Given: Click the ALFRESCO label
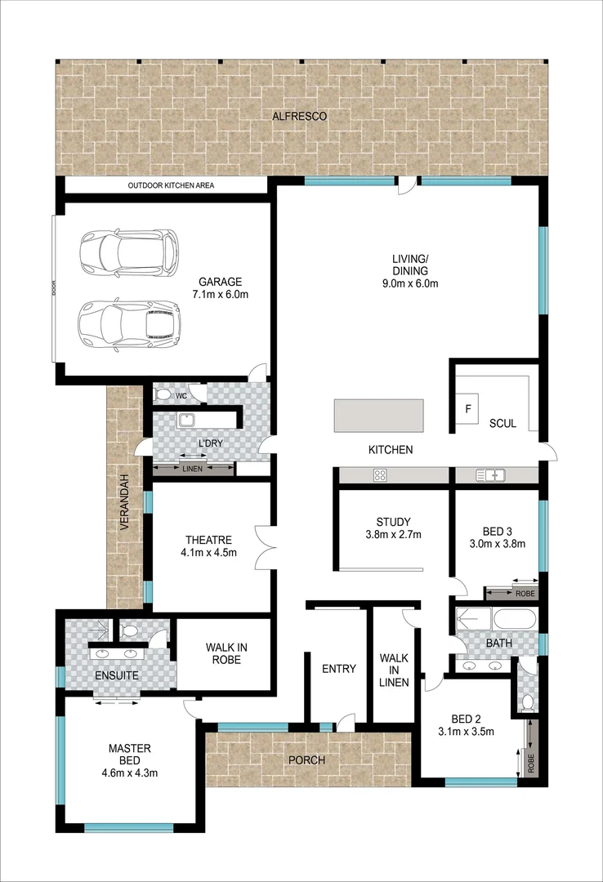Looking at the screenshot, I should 300,117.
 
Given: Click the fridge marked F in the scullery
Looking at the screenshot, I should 468,408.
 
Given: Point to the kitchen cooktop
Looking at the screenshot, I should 380,474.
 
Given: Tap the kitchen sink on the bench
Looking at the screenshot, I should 492,474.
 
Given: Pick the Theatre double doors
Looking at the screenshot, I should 262,547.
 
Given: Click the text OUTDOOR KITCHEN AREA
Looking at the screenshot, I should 171,186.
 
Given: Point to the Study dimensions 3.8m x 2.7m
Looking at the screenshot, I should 393,536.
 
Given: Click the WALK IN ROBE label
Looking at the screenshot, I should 224,653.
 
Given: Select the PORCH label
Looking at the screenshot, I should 307,760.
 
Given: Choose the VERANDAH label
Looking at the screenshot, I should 125,502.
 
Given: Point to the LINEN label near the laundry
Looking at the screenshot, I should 192,470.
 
